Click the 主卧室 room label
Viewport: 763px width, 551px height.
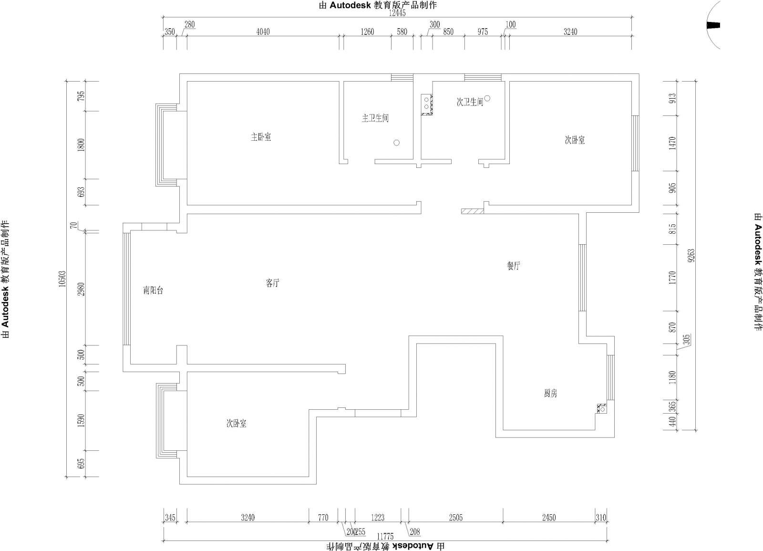click(x=261, y=137)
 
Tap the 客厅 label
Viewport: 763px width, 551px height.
click(x=272, y=283)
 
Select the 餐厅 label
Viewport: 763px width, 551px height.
click(x=513, y=266)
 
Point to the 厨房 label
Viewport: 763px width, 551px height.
click(x=550, y=394)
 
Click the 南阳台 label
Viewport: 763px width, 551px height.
click(x=153, y=291)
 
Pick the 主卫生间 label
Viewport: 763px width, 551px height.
click(x=375, y=118)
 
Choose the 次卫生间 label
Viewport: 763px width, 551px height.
click(x=470, y=102)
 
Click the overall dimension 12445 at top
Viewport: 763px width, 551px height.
click(x=397, y=13)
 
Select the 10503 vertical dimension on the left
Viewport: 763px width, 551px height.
click(x=62, y=279)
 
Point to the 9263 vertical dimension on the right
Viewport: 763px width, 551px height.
click(x=691, y=256)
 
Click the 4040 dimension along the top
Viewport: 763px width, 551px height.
click(x=263, y=32)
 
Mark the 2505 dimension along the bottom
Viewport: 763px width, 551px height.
click(x=455, y=518)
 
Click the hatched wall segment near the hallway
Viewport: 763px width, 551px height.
click(x=473, y=211)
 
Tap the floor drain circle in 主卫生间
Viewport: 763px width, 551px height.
click(x=396, y=143)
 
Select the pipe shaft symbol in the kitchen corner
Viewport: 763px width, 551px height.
click(x=602, y=408)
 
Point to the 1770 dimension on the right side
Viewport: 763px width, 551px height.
click(x=672, y=278)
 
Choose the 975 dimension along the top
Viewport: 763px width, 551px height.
click(x=483, y=32)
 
